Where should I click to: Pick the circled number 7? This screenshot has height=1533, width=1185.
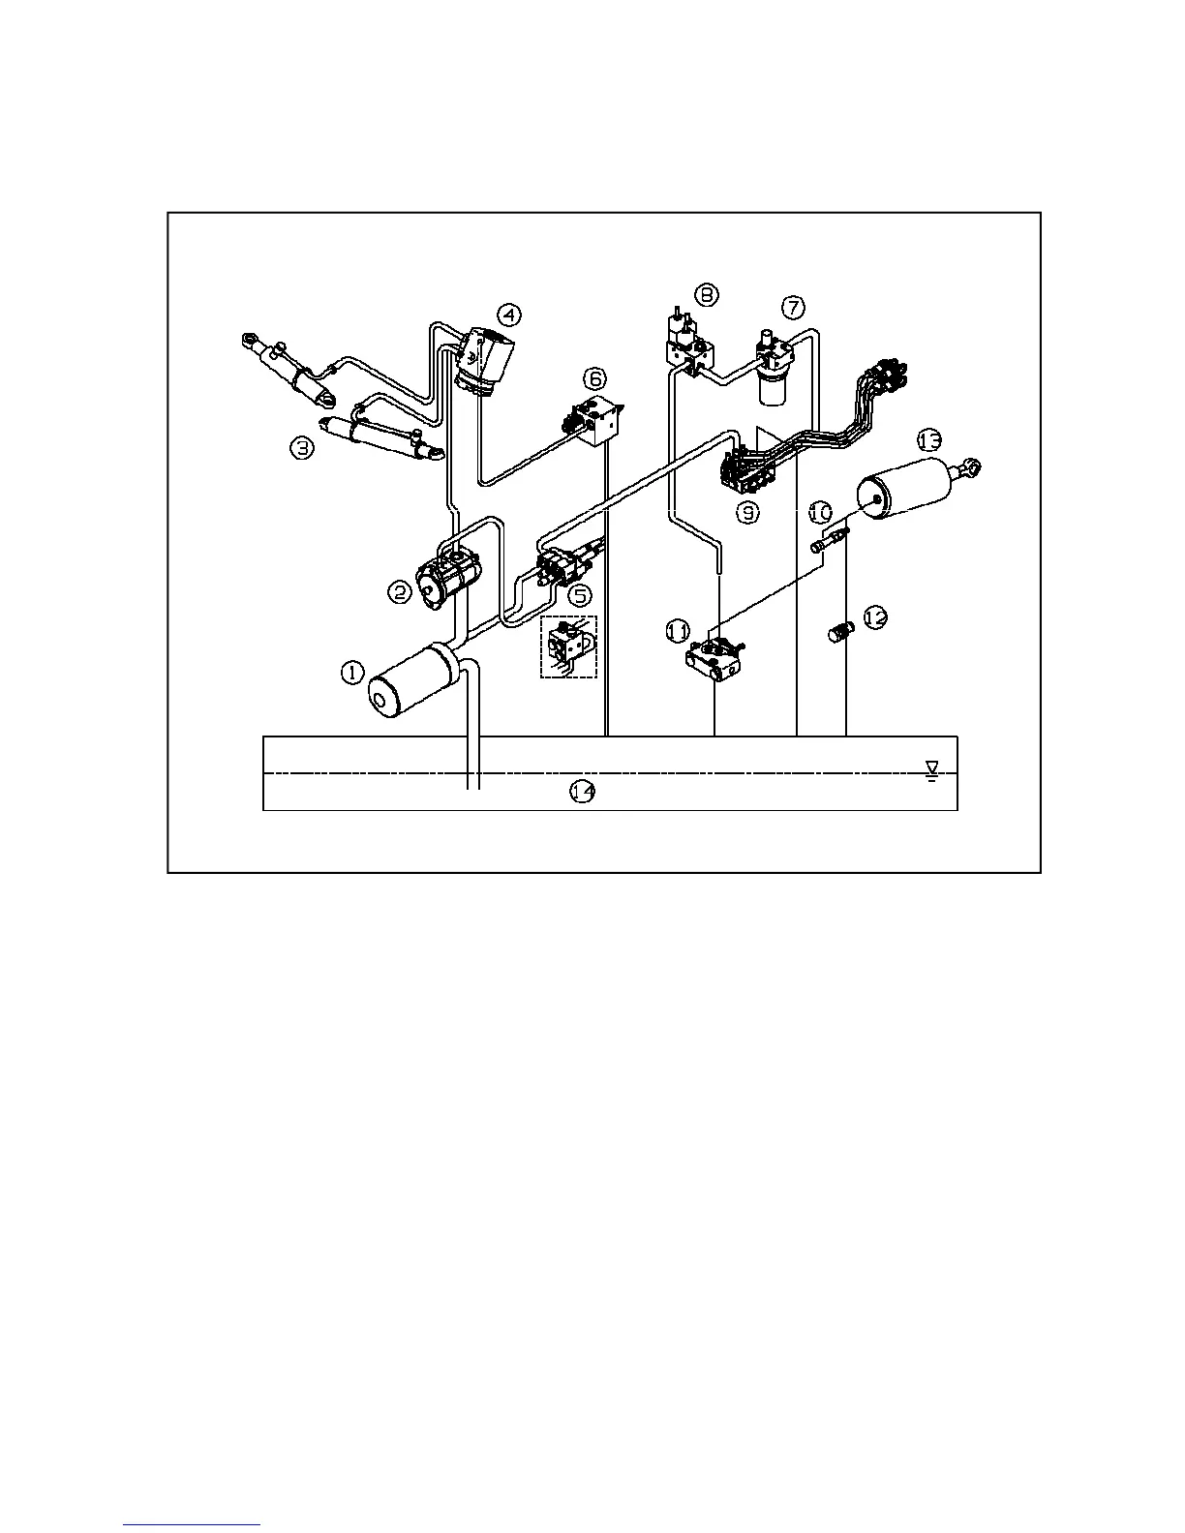click(792, 308)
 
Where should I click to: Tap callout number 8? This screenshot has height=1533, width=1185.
click(708, 293)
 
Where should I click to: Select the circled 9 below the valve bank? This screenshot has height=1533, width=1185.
click(747, 514)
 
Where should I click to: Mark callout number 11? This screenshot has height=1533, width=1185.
click(679, 631)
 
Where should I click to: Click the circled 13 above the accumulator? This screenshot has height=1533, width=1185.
click(928, 440)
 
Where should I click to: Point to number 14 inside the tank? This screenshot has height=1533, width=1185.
click(582, 792)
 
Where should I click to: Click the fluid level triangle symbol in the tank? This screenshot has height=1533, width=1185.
click(932, 769)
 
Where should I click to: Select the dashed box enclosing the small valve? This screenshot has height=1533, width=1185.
click(569, 646)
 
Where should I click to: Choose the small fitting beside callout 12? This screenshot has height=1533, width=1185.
click(839, 634)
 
